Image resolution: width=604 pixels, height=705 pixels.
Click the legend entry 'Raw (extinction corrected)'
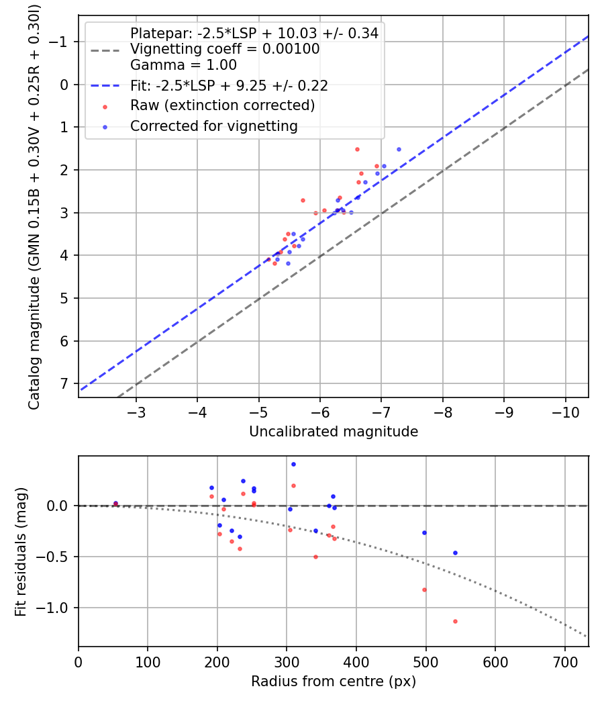point(222,105)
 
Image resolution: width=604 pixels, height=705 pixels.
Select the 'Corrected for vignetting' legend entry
point(213,126)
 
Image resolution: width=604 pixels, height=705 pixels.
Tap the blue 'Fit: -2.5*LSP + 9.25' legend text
point(229,86)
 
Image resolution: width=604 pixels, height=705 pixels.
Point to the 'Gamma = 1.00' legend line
point(183,66)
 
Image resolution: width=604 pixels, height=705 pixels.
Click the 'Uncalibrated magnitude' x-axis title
point(334,432)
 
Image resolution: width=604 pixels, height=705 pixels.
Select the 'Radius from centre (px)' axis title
point(334,681)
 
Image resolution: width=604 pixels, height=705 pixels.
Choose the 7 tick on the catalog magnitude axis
point(64,383)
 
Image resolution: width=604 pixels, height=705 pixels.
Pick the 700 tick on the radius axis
point(564,661)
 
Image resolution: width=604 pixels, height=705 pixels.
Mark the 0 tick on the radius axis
point(79,661)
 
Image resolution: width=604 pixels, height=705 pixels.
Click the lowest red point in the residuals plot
point(455,621)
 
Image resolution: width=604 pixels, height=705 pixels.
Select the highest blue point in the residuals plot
point(293,464)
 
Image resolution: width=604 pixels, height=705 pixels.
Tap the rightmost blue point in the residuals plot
point(455,553)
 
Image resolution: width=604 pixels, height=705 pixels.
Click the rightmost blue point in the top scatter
point(399,149)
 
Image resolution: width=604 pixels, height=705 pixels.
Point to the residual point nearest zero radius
point(115,503)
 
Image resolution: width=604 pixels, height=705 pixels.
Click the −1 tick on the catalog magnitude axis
point(62,42)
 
